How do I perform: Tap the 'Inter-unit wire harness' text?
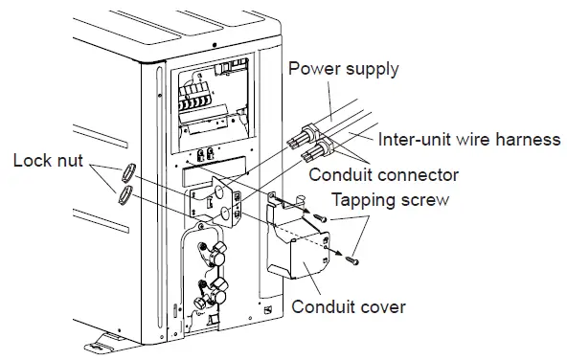click(466, 139)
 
